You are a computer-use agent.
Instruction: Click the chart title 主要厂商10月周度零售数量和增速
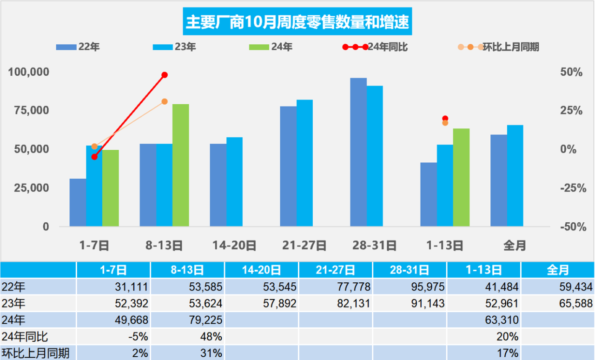[297, 22]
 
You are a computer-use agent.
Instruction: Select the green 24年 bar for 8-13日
[181, 165]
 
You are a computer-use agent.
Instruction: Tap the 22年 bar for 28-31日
[358, 152]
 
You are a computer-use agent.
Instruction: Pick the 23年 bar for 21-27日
[304, 163]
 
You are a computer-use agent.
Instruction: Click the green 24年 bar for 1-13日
[461, 177]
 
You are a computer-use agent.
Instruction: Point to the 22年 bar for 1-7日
[78, 202]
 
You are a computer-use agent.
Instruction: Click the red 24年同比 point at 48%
[165, 75]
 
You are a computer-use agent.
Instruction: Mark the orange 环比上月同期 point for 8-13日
[165, 101]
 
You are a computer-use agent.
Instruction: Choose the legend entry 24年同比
[388, 47]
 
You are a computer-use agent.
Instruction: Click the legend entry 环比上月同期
[510, 47]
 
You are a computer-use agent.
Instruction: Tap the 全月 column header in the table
[558, 270]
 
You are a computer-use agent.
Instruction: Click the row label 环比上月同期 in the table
[36, 353]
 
